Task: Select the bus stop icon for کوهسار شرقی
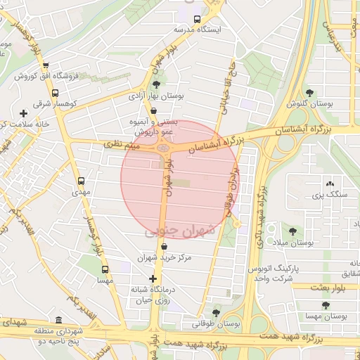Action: click(55, 92)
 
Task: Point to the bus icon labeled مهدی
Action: click(82, 181)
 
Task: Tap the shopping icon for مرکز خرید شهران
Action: click(164, 246)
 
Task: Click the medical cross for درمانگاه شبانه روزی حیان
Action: click(153, 278)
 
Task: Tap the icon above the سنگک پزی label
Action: click(330, 184)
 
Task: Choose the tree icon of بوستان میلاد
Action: click(292, 231)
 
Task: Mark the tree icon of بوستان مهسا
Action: click(325, 305)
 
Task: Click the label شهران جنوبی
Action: click(171, 231)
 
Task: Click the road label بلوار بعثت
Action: click(328, 287)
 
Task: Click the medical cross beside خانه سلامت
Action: click(25, 113)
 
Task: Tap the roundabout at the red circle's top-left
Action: click(165, 148)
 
